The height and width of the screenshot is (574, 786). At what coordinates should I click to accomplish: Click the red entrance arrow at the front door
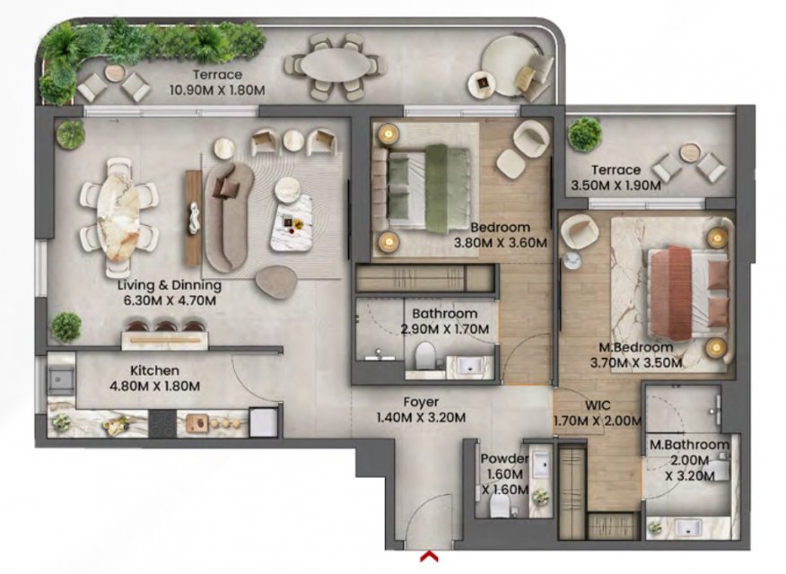coord(430,555)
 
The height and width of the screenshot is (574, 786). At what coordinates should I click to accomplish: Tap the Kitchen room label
coord(154,370)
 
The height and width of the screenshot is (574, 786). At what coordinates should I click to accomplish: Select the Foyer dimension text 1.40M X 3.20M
coord(421,417)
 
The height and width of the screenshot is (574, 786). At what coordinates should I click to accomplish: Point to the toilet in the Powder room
coord(500,507)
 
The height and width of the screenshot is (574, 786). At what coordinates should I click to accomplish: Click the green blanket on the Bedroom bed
coord(436,189)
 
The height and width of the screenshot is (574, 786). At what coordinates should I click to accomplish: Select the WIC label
coord(598,405)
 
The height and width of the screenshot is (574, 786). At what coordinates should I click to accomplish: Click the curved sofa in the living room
coord(227,216)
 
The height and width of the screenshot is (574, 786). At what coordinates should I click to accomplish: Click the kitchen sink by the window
coord(61,380)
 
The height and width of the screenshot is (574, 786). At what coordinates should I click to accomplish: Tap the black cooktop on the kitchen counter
coord(163,423)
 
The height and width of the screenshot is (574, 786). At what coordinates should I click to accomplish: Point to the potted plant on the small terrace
coord(585,134)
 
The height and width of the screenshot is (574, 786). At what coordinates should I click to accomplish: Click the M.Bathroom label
coord(690,444)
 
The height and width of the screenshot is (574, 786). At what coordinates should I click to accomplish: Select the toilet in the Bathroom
coord(425,354)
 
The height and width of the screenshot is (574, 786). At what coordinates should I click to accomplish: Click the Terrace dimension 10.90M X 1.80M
coord(217,91)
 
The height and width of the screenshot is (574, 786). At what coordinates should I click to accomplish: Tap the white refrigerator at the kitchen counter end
coord(264,422)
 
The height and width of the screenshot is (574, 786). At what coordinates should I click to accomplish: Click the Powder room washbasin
coord(541,464)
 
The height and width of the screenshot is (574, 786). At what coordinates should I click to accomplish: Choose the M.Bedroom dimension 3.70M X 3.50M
coord(636,362)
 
